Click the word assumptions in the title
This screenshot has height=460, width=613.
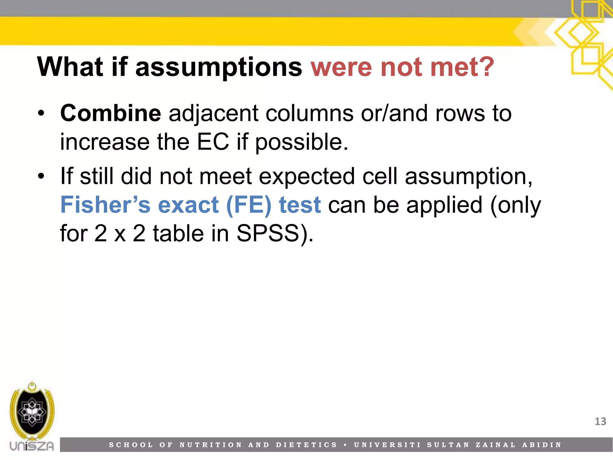click(x=219, y=67)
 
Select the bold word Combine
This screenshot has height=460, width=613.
click(x=111, y=113)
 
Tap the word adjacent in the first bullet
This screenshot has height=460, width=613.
click(x=213, y=114)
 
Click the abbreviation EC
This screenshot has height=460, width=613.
click(x=213, y=142)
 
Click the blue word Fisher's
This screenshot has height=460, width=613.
click(x=105, y=205)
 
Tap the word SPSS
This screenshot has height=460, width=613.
click(x=268, y=233)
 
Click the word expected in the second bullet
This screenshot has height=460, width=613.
click(x=307, y=177)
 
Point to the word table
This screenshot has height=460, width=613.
click(x=178, y=233)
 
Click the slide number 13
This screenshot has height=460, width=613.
click(x=600, y=422)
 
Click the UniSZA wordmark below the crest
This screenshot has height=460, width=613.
click(x=32, y=446)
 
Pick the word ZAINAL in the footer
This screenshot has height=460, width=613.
click(x=496, y=445)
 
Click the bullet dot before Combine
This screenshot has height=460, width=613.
click(x=41, y=114)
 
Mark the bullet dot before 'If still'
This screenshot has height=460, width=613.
click(x=41, y=176)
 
